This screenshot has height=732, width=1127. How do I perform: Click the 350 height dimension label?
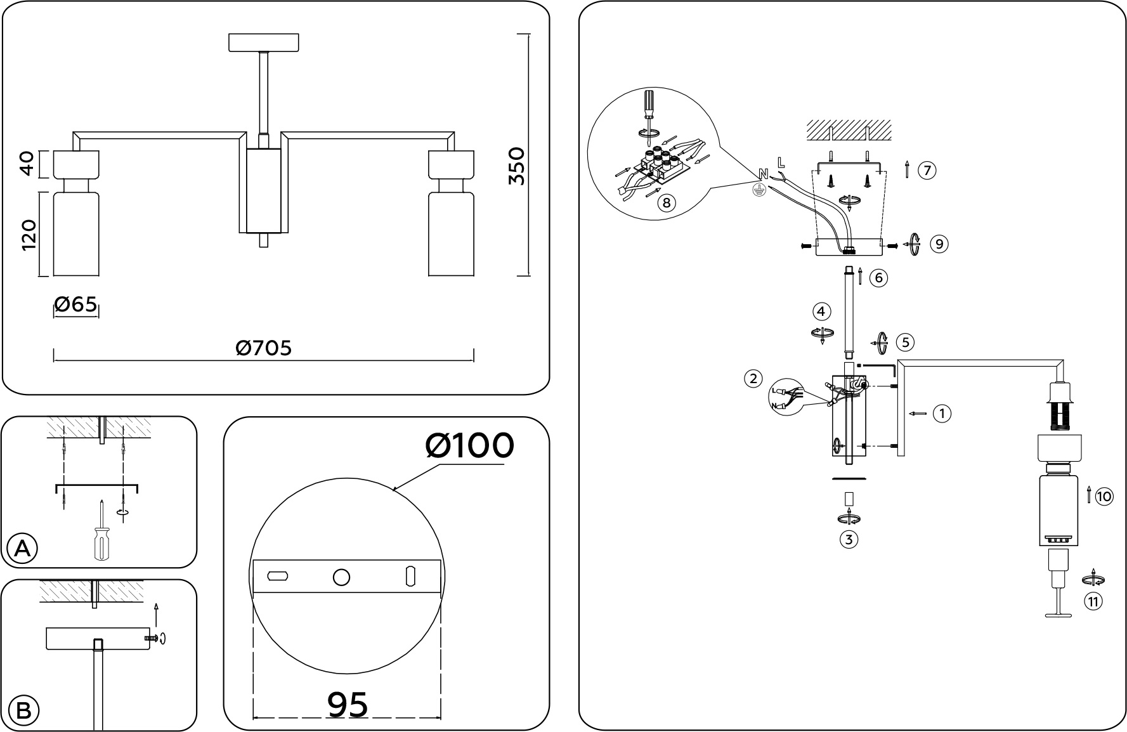pos(518,166)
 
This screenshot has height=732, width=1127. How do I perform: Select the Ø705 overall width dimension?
pos(264,348)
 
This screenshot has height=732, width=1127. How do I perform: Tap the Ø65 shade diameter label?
pos(76,305)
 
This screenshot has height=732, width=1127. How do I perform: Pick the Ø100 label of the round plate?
pos(469,446)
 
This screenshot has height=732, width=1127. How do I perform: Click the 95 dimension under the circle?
pos(348,704)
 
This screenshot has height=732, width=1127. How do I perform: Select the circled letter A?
pos(22,549)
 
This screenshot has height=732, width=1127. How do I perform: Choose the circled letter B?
pos(23,710)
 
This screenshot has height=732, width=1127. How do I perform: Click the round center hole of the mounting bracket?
pos(341,577)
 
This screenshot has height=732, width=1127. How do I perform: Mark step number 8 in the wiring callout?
pos(665,204)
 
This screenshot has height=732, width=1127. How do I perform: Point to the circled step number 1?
pos(942,414)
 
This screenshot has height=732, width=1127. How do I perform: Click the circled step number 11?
pos(1093,601)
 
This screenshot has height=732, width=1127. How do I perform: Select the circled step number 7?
pos(927,171)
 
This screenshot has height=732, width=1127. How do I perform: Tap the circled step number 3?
pos(849,540)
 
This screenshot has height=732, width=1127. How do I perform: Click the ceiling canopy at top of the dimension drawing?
pos(264,42)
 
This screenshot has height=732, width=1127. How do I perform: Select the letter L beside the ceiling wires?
pos(781,162)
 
